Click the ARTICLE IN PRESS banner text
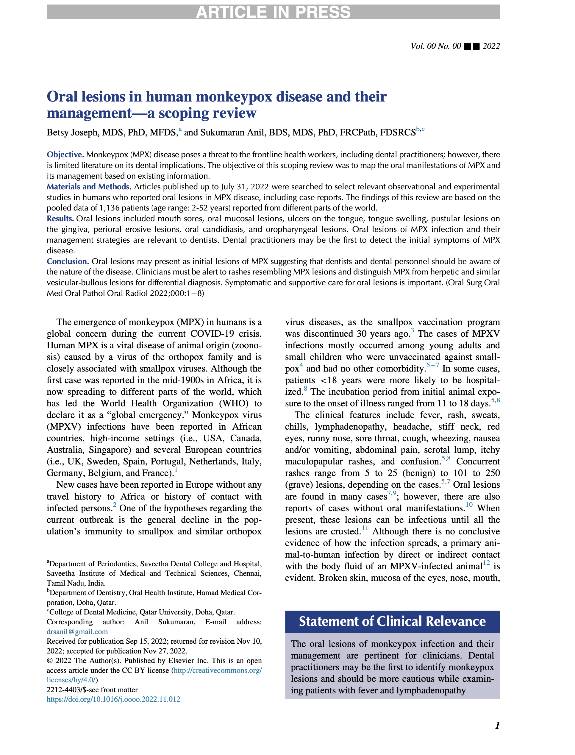273,12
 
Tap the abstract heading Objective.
65,155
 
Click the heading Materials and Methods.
89,187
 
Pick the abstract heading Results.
60,219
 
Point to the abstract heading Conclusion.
68,261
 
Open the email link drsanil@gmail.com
77,631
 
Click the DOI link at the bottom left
113,699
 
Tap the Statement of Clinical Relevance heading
392,621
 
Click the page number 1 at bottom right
497,725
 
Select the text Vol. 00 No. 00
436,46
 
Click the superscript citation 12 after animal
486,563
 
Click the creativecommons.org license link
218,670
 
